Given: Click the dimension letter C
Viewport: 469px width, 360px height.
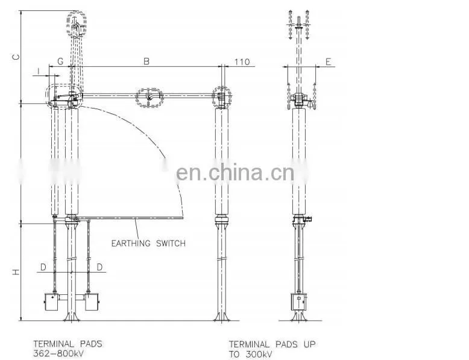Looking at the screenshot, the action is (16, 57).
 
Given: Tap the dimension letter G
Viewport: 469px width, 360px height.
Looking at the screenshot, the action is (60, 62).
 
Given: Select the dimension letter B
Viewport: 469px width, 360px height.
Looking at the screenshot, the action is (146, 62).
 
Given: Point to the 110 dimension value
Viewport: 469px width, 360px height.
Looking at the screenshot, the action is (242, 62).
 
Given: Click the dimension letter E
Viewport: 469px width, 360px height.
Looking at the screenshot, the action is (329, 62).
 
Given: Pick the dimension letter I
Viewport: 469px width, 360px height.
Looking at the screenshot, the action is (39, 71).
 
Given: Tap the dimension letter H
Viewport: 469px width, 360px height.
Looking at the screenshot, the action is (16, 272).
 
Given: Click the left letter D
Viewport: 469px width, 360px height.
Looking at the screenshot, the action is (43, 267).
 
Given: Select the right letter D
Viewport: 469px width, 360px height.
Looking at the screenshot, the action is (100, 267).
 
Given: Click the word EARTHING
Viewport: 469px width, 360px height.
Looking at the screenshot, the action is (131, 243).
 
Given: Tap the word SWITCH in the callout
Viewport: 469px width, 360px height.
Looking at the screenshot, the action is (171, 243).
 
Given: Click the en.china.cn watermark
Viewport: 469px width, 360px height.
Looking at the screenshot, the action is (235, 173).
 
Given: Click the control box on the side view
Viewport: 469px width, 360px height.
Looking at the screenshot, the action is (299, 302).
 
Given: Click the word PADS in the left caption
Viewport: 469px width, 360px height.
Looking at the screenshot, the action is (90, 344).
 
